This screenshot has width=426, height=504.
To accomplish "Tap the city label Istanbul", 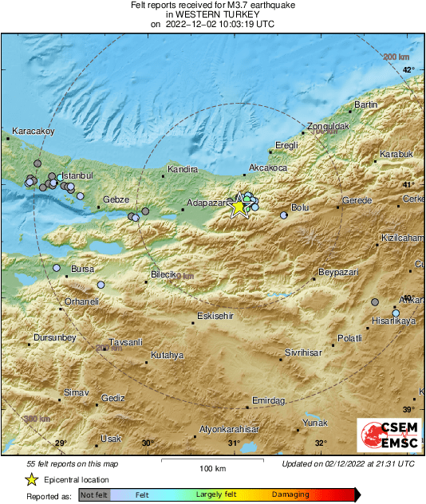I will tap(78, 175).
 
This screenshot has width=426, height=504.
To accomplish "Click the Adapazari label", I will tap(207, 203).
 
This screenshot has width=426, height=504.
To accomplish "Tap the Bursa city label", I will tap(83, 269).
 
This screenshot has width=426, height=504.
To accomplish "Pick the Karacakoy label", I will tap(33, 131).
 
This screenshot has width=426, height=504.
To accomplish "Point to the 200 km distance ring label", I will tap(396, 57).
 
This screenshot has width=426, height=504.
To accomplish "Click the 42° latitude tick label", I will tap(408, 71).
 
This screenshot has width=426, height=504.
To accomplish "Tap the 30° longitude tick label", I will tap(147, 443).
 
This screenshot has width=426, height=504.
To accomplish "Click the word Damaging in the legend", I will tap(290, 494).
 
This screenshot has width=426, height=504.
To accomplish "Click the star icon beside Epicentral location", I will tap(31, 479).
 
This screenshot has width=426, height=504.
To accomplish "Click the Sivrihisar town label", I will tap(304, 352).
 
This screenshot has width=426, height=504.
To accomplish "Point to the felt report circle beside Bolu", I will tap(284, 215).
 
